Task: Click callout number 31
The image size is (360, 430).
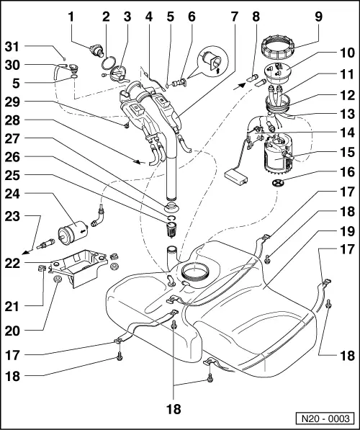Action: (10, 48)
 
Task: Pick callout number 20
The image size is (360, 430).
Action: (10, 331)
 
